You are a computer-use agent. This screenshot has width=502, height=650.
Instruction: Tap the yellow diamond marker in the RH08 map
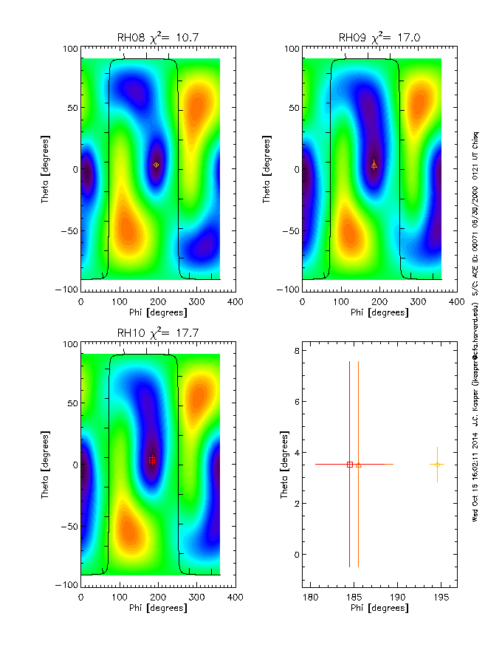coord(156,165)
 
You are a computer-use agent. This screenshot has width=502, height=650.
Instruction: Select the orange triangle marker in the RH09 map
coord(374,165)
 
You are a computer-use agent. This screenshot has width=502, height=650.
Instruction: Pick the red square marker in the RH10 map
coord(152,459)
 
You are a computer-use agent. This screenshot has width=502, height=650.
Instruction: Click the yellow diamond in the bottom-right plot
coord(438,464)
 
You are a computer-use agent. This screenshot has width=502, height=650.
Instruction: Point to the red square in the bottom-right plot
coord(350,464)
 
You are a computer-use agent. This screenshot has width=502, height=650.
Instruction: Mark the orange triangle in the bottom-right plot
coord(359,465)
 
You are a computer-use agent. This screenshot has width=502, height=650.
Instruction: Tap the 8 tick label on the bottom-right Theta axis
coord(295,351)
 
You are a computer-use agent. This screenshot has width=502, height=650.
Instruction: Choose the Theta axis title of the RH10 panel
coord(46,464)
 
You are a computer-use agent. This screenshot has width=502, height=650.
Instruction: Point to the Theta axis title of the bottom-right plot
coord(283,464)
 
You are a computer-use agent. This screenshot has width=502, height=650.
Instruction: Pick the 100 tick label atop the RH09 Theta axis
coord(290,49)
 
